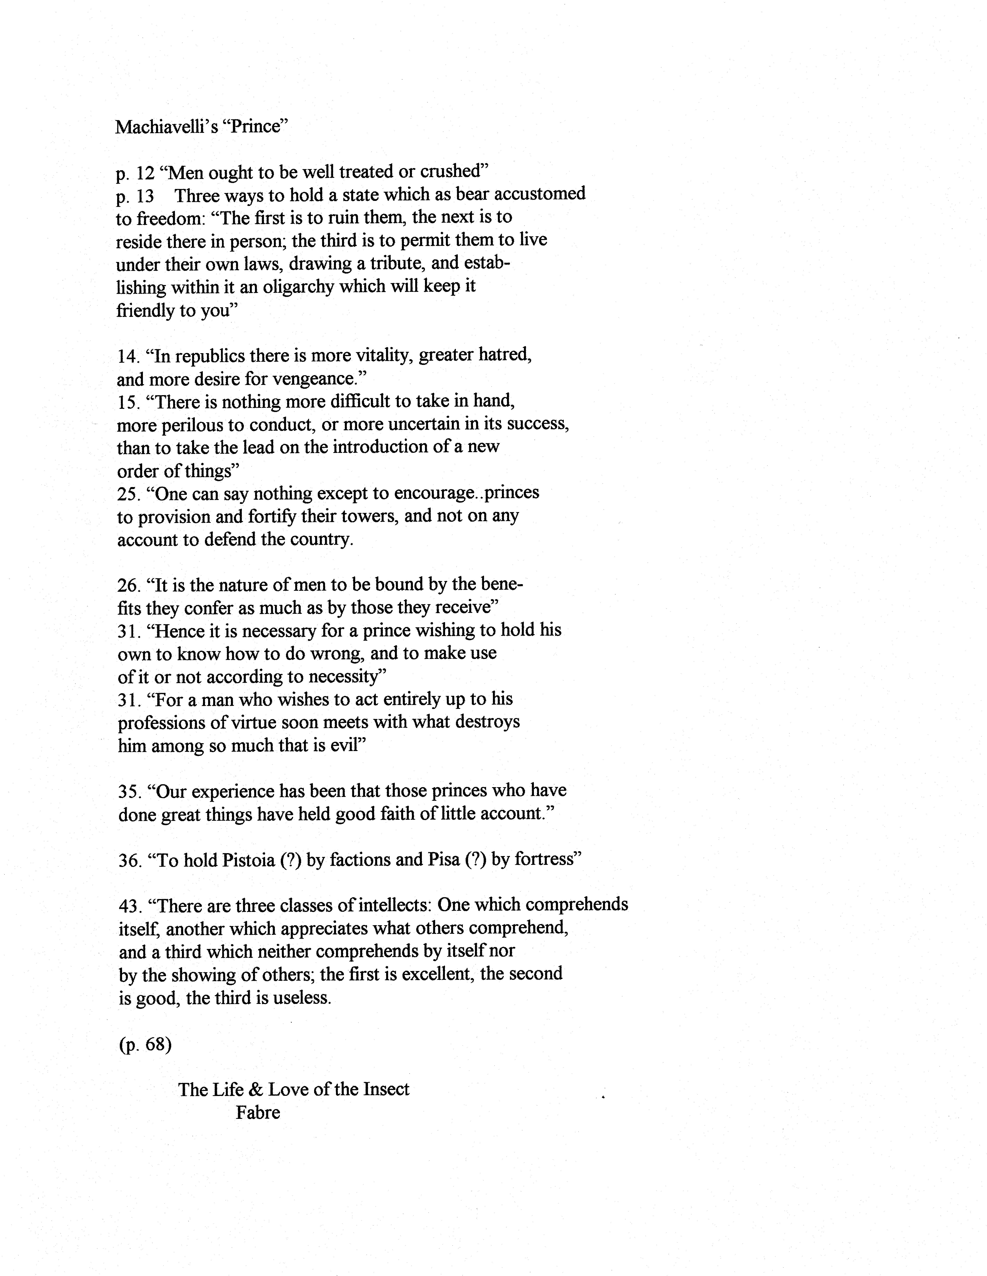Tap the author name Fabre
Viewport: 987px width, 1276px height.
click(258, 1112)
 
